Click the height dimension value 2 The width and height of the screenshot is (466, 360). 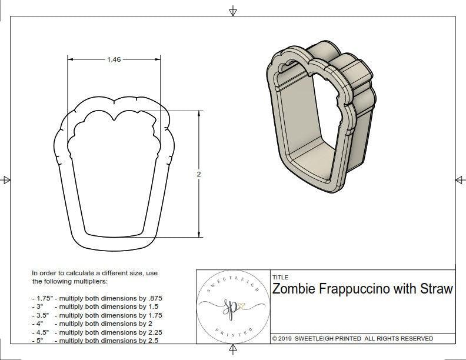(x=198, y=174)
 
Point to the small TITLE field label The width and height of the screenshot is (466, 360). (x=280, y=278)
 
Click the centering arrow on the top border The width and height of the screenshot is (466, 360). (x=233, y=11)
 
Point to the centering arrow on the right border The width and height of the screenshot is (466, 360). (x=458, y=180)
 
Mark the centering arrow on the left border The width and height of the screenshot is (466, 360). (x=6, y=180)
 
